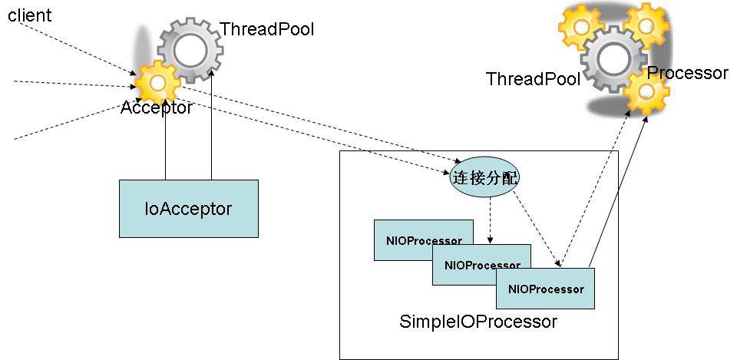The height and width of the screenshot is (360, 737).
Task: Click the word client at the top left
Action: coord(30,15)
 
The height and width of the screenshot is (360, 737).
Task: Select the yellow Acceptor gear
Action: coord(157,81)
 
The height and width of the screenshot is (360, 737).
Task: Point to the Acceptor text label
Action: coord(157,108)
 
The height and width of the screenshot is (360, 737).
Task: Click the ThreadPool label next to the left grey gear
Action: coord(266,30)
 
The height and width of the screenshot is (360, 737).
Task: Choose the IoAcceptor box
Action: coord(188,208)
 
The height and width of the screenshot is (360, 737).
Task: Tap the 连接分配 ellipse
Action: coord(484,178)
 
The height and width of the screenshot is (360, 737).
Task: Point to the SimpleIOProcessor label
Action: coord(478,322)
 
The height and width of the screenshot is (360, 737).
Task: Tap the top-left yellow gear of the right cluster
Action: coord(581,26)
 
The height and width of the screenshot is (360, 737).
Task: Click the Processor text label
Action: coord(687,73)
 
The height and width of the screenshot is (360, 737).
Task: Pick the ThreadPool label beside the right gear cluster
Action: coord(533,79)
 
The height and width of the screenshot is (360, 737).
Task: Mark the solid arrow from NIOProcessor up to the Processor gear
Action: coord(618,192)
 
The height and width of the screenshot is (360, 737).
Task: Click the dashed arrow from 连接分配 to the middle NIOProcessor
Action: coord(491,219)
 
